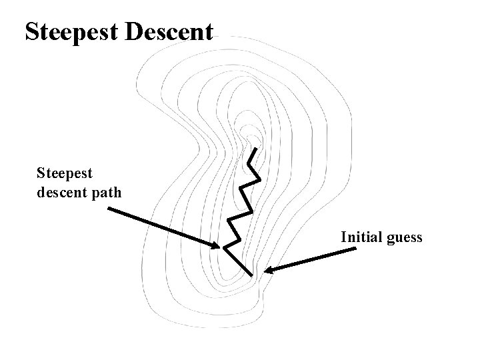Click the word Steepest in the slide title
pyautogui.click(x=71, y=32)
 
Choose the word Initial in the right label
pyautogui.click(x=360, y=237)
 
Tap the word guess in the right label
pyautogui.click(x=403, y=238)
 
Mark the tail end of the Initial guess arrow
pyautogui.click(x=355, y=249)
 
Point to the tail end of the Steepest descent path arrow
pyautogui.click(x=108, y=208)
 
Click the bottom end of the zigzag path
pyautogui.click(x=253, y=275)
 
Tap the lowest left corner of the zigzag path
pyautogui.click(x=224, y=248)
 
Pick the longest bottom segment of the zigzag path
pyautogui.click(x=238, y=261)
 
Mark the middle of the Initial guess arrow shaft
pyautogui.click(x=311, y=260)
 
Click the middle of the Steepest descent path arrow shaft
pyautogui.click(x=162, y=227)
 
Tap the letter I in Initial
pyautogui.click(x=343, y=237)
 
